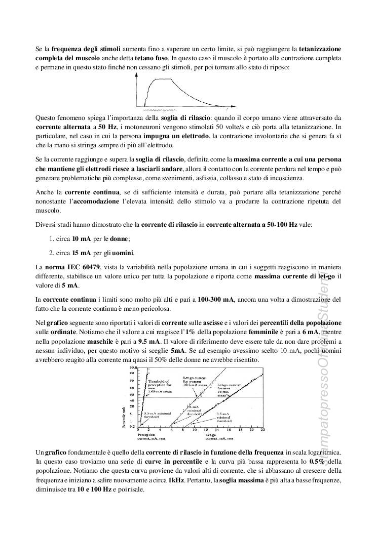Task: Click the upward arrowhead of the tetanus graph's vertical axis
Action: click(138, 74)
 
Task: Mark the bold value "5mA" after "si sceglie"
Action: click(177, 350)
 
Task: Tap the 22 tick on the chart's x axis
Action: click(263, 429)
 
